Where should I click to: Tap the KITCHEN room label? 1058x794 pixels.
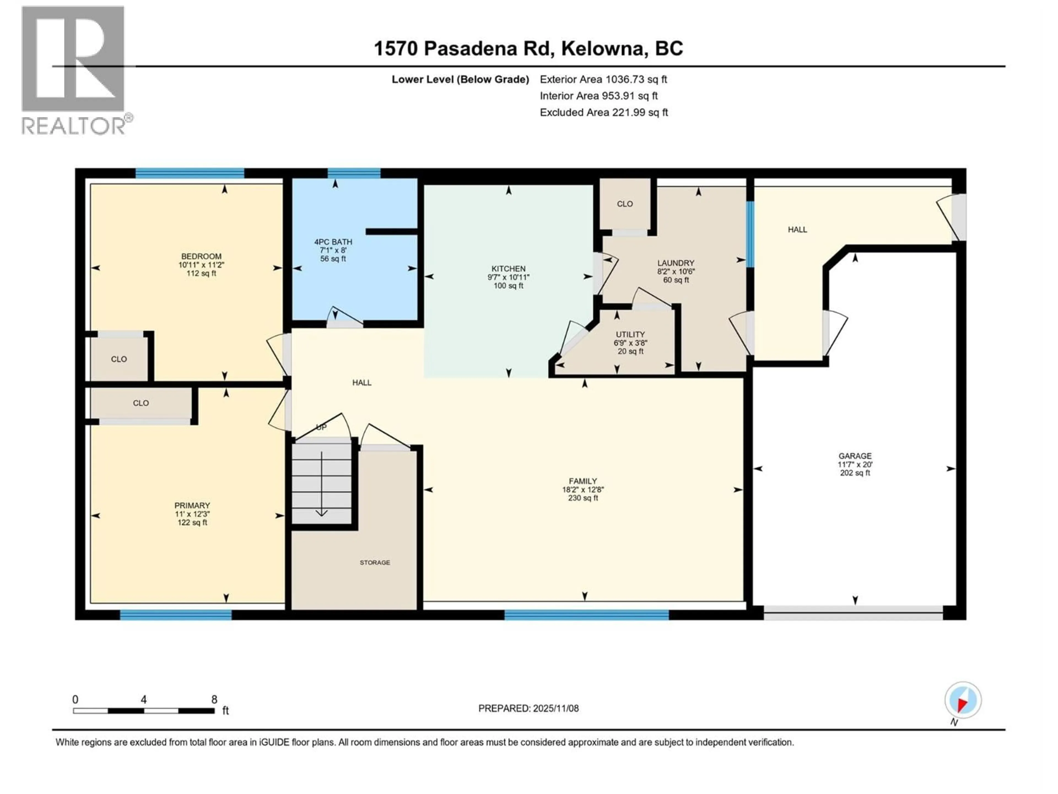pyautogui.click(x=508, y=269)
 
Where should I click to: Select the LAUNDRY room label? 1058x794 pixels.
pyautogui.click(x=675, y=263)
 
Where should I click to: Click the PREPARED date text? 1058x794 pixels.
pyautogui.click(x=528, y=708)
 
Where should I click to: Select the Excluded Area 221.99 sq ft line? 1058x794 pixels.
pyautogui.click(x=604, y=112)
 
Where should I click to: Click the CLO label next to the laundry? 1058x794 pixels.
pyautogui.click(x=625, y=204)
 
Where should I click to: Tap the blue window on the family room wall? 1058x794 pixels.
pyautogui.click(x=586, y=615)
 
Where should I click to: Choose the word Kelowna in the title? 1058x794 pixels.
pyautogui.click(x=602, y=48)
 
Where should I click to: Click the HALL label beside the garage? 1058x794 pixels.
pyautogui.click(x=797, y=230)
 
